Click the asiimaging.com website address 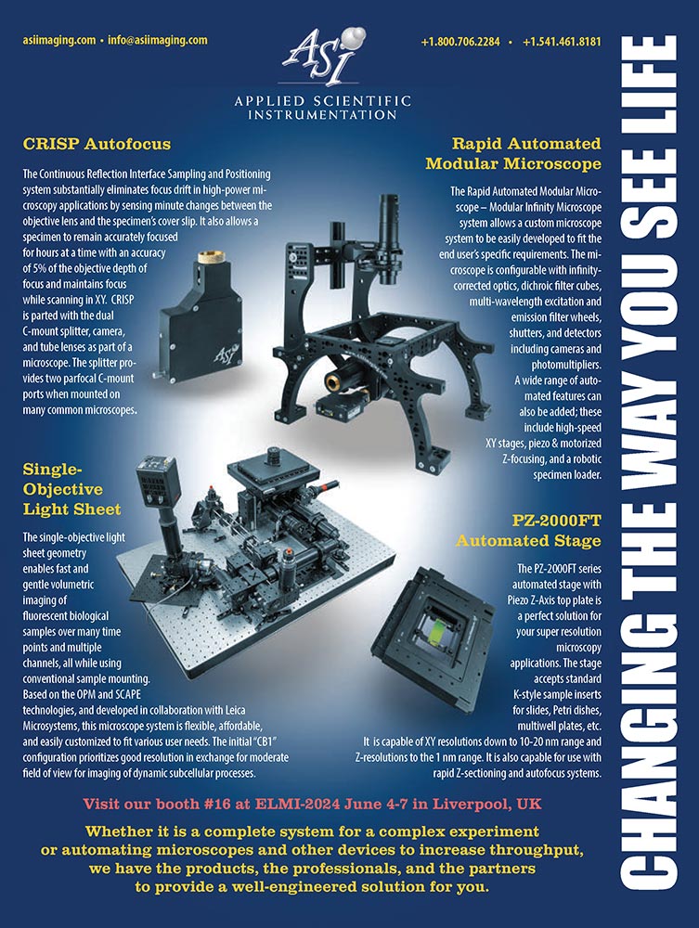point(59,41)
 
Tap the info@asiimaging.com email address point(158,41)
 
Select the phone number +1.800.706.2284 point(460,42)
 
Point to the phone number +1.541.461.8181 point(563,42)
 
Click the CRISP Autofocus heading point(97,144)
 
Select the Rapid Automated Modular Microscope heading point(513,153)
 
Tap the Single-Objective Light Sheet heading point(71,489)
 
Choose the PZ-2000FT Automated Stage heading point(528,531)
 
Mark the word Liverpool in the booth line point(471,805)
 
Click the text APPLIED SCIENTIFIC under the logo point(322,100)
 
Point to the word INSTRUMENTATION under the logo point(322,114)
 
